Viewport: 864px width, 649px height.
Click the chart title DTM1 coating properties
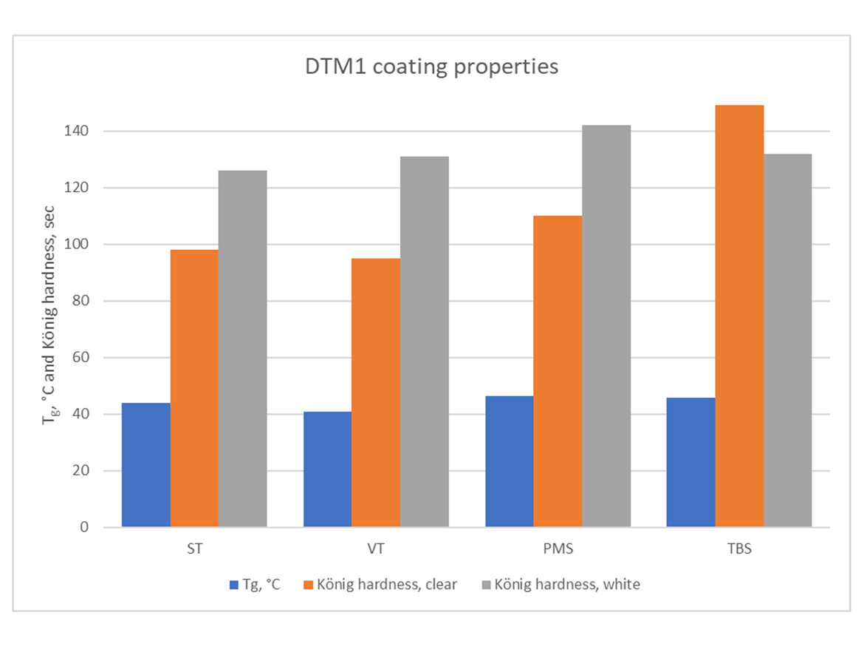click(x=432, y=67)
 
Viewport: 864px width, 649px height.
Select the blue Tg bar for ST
click(x=146, y=465)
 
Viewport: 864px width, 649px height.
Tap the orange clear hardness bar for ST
click(x=194, y=388)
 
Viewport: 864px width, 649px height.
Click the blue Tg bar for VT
click(x=327, y=469)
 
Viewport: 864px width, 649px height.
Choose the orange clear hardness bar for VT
click(x=376, y=393)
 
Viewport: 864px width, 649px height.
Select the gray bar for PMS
click(x=606, y=326)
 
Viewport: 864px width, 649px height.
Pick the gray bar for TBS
click(x=788, y=340)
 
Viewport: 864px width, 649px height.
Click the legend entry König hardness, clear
click(x=386, y=585)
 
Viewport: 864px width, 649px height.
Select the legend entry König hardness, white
click(x=567, y=585)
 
